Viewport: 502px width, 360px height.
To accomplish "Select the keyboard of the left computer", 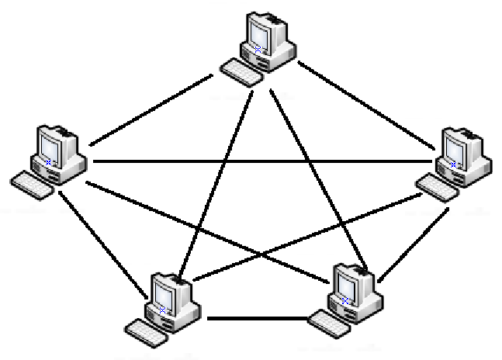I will coord(32,182).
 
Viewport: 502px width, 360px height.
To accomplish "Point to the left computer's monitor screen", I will coord(47,146).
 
